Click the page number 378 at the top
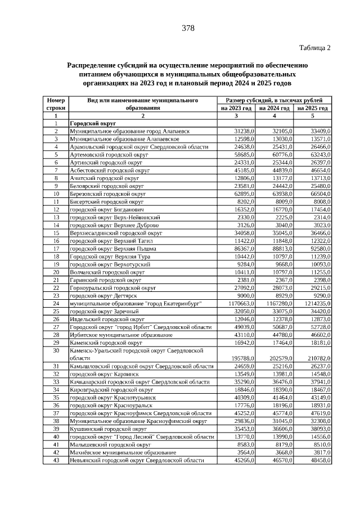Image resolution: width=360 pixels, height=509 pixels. pyautogui.click(x=188, y=28)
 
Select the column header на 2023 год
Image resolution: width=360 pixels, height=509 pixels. pyautogui.click(x=236, y=108)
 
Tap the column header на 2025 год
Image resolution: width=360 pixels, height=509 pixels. pyautogui.click(x=313, y=108)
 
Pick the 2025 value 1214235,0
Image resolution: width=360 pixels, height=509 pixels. pyautogui.click(x=313, y=303)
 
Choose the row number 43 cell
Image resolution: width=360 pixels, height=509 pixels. pyautogui.click(x=56, y=460)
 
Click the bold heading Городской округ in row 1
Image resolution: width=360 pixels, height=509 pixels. pyautogui.click(x=92, y=123)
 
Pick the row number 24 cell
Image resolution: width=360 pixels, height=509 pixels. pyautogui.click(x=56, y=303)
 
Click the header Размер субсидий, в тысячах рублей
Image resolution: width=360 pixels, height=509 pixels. pyautogui.click(x=274, y=100)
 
